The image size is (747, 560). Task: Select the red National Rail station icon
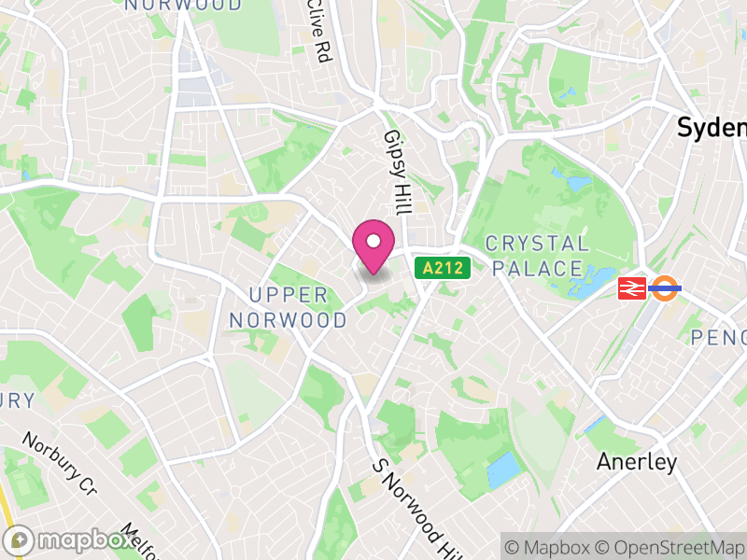coord(632,288)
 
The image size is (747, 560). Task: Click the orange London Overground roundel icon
coord(665,288)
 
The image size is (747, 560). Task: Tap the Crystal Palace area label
coord(538,256)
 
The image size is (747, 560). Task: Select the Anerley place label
coord(638,462)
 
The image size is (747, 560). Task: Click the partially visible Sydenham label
coord(712,128)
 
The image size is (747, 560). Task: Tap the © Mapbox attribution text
coord(555,546)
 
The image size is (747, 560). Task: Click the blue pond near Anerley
coord(503,469)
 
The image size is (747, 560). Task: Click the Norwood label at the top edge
coord(183,5)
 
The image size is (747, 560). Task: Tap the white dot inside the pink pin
coord(373,242)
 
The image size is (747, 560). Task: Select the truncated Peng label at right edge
coord(718,337)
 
